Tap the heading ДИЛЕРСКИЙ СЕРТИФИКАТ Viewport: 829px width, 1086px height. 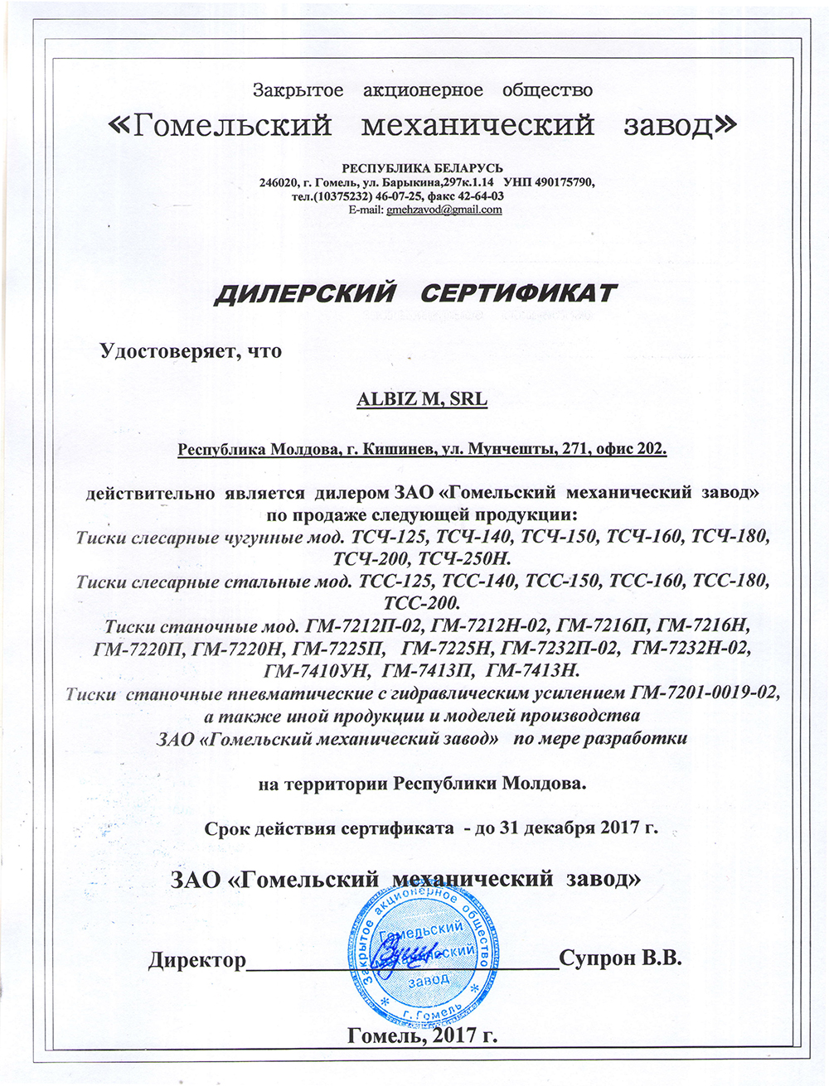(x=416, y=294)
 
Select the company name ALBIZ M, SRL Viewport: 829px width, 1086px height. (x=421, y=400)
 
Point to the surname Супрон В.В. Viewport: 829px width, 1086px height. (x=620, y=959)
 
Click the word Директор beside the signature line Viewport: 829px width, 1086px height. (x=197, y=960)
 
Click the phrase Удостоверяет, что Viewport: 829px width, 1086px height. (x=191, y=351)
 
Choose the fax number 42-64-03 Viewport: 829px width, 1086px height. (x=478, y=196)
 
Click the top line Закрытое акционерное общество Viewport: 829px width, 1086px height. (x=422, y=89)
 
